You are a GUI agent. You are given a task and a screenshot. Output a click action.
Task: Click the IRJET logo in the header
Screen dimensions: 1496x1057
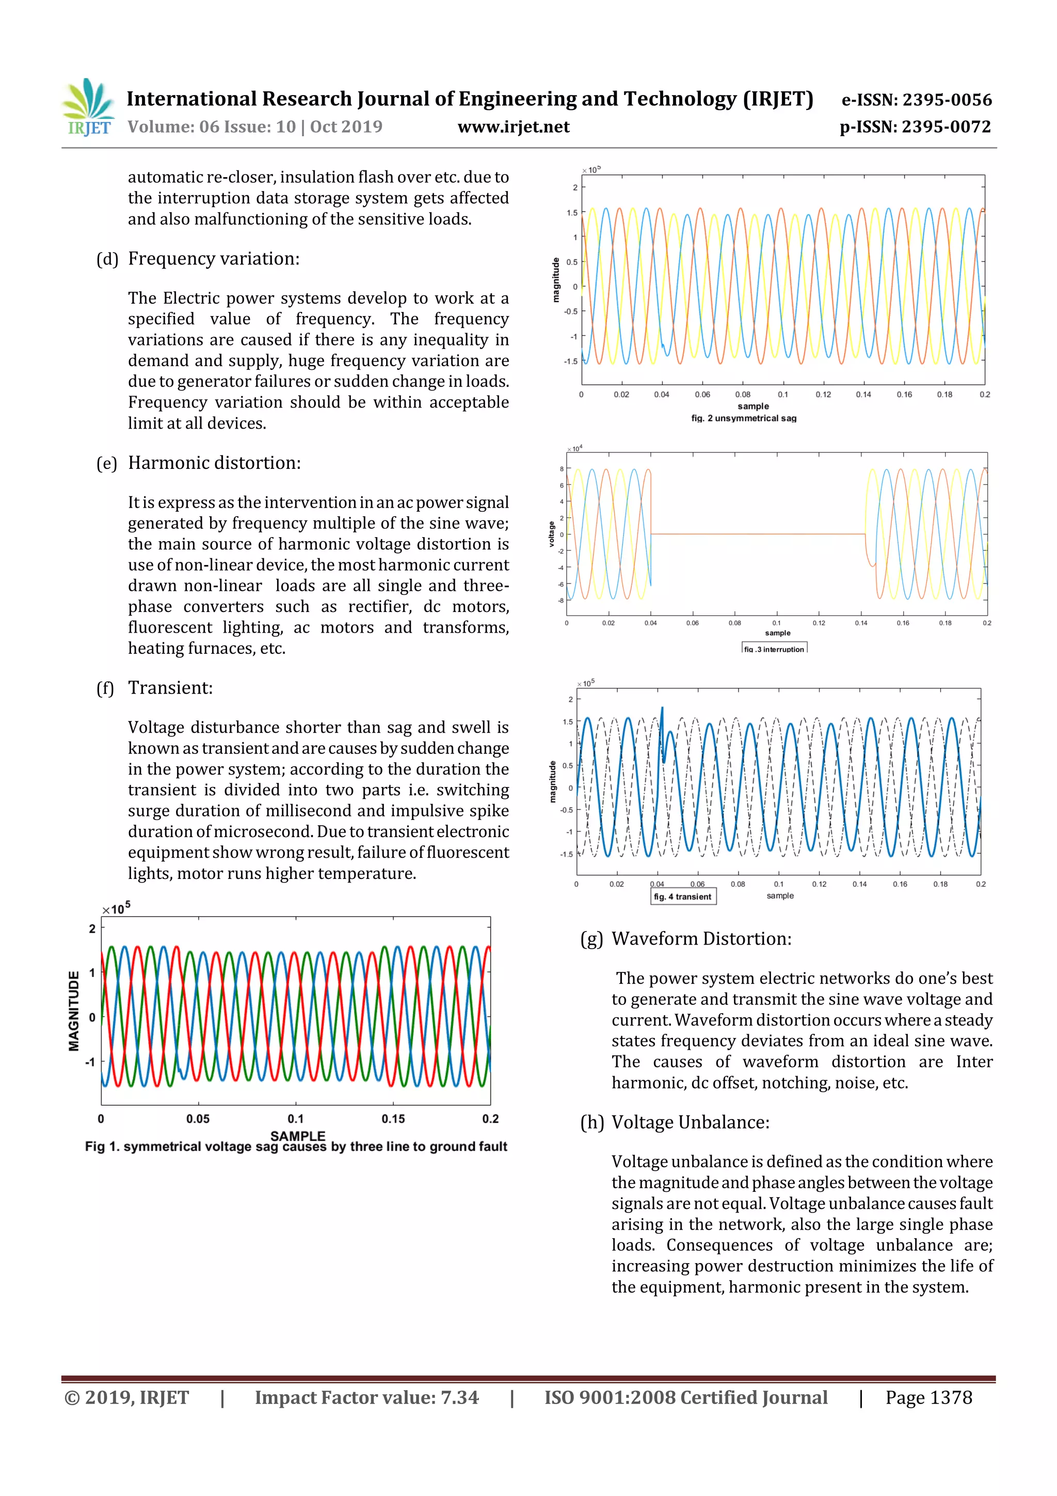[x=88, y=107]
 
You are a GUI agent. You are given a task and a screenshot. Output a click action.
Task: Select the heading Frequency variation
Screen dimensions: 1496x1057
[x=214, y=259]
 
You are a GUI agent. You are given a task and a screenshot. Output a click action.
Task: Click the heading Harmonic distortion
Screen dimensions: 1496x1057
[x=214, y=463]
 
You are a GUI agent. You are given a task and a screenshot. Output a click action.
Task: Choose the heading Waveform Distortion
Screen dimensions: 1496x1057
[x=701, y=939]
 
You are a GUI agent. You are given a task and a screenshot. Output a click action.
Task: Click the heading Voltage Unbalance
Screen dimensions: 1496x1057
[x=691, y=1123]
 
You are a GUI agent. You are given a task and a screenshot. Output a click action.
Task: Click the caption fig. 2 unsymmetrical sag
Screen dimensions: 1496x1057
[x=744, y=418]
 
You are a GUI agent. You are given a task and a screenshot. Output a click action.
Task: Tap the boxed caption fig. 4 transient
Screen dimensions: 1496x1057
[x=682, y=896]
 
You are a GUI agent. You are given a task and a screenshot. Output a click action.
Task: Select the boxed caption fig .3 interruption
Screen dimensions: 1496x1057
[x=774, y=648]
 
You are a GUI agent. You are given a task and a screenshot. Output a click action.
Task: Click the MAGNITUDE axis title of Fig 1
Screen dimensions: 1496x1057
[x=74, y=1011]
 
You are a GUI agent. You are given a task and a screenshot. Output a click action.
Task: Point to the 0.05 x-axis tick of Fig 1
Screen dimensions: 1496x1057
[x=198, y=1119]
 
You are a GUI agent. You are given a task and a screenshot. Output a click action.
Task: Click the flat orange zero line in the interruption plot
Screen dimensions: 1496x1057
[x=756, y=534]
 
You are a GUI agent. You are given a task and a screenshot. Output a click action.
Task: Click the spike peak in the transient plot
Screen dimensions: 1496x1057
[x=662, y=708]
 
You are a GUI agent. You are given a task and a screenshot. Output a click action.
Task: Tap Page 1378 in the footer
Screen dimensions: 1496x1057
[x=928, y=1397]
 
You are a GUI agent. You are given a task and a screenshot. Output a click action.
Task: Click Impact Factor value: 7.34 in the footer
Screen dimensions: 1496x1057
[x=366, y=1397]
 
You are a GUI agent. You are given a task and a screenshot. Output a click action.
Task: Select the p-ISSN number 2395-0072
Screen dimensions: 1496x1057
[x=915, y=127]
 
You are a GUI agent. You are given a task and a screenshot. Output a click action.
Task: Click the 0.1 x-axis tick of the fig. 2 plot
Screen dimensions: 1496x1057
[x=783, y=394]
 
